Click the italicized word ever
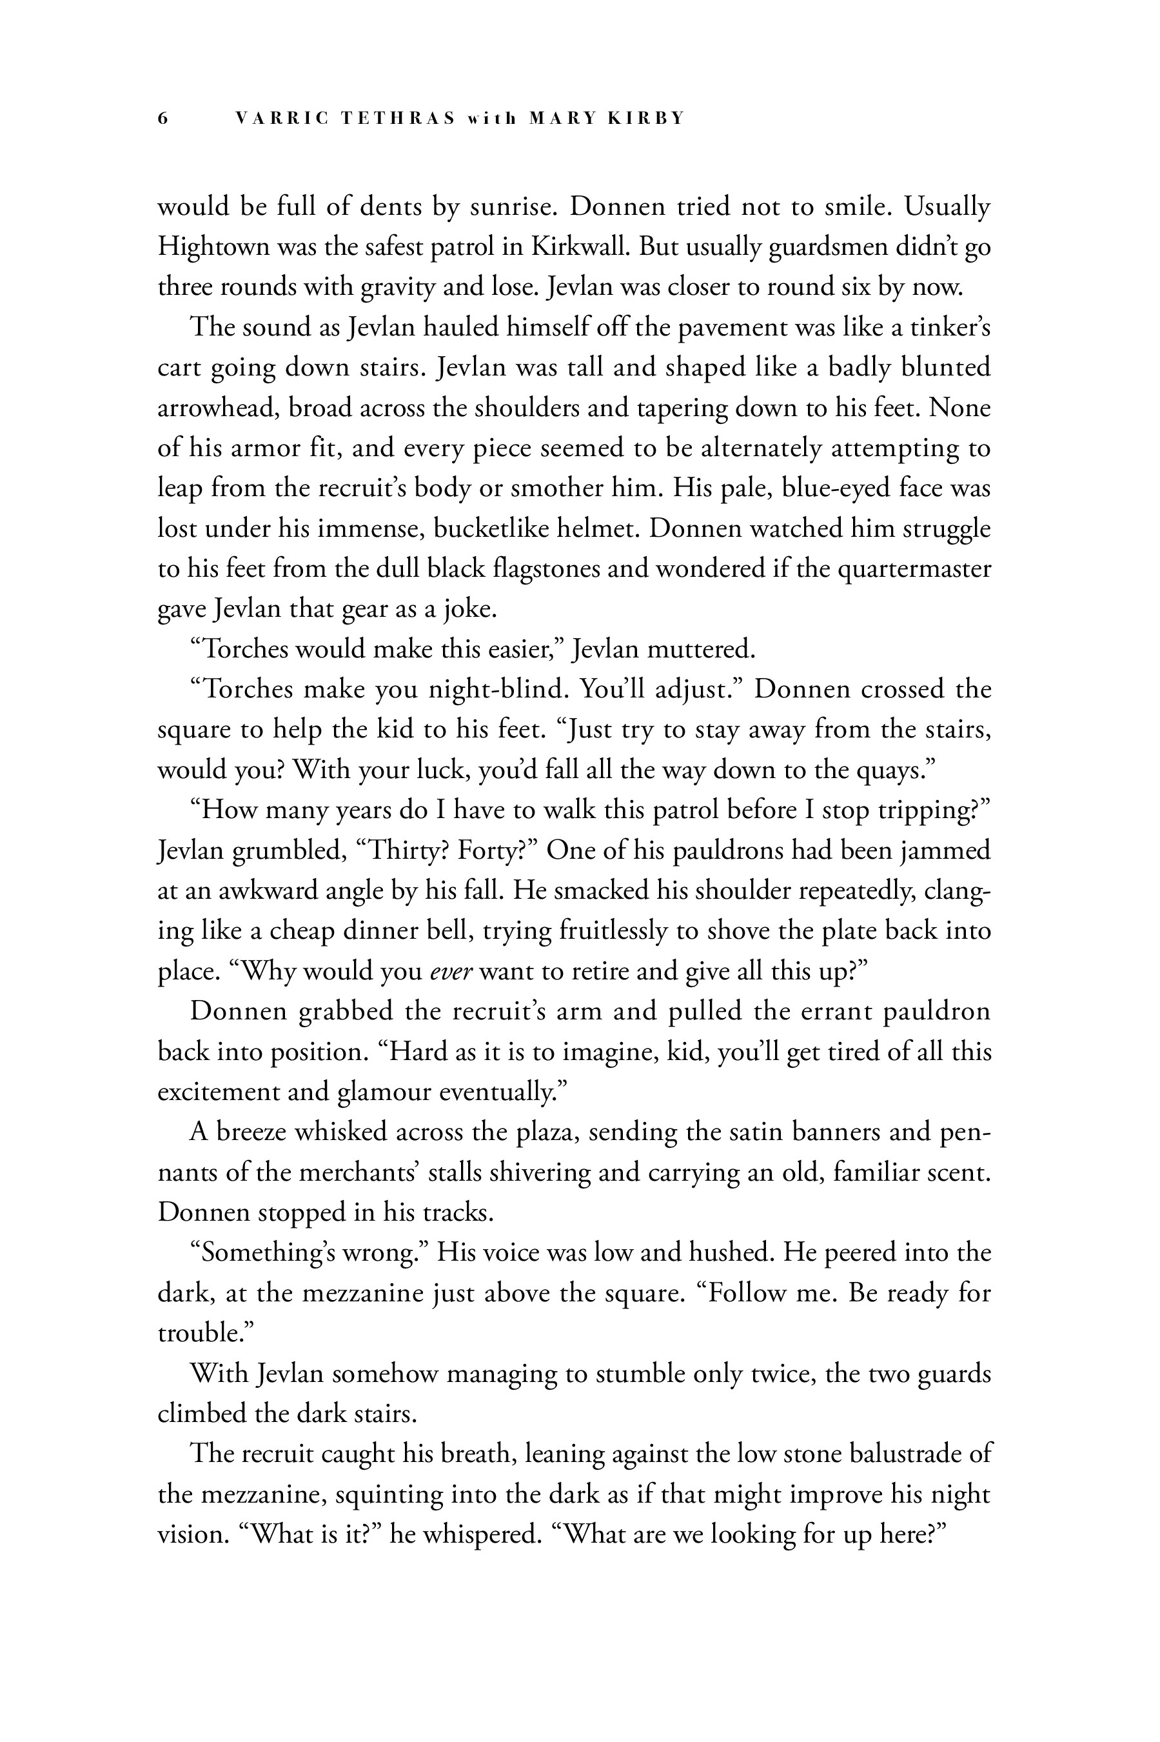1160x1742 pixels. click(451, 971)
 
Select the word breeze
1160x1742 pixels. click(250, 1132)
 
